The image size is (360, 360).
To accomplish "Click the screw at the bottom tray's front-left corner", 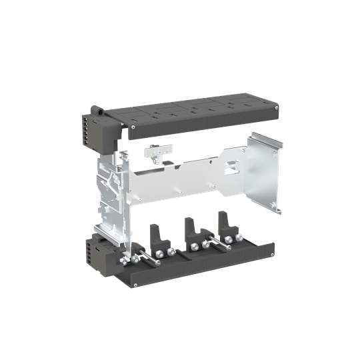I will pyautogui.click(x=135, y=285).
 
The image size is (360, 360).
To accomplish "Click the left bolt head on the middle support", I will pyautogui.click(x=192, y=246).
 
